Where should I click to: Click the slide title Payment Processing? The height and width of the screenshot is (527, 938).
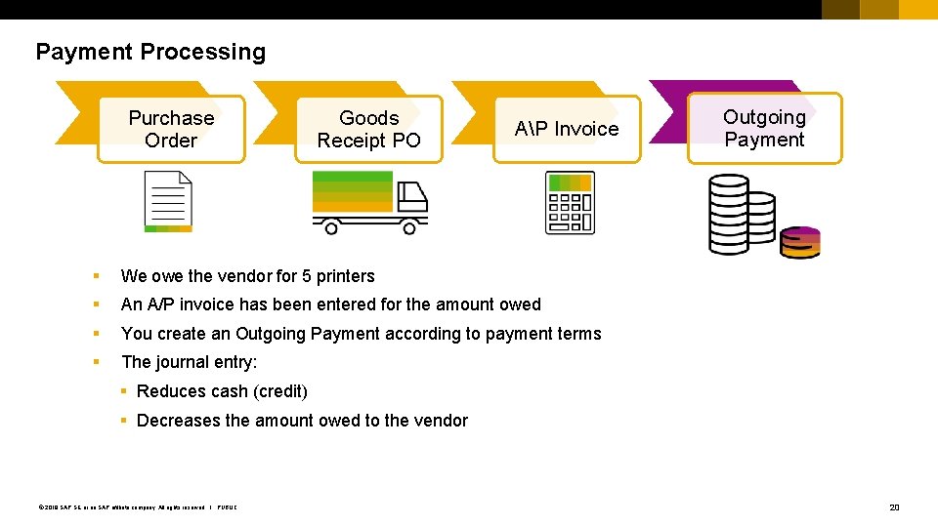tap(150, 52)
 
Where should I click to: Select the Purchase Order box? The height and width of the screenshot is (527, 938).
tap(171, 129)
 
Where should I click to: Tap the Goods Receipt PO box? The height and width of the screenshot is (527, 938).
tap(368, 129)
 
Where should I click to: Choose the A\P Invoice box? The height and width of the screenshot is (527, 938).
tap(567, 129)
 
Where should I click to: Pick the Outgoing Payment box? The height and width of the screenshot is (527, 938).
tap(764, 128)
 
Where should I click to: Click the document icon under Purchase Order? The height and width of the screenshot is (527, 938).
tap(168, 201)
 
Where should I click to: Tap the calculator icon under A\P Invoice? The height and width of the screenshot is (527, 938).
tap(570, 203)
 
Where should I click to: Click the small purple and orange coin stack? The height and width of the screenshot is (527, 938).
tap(801, 242)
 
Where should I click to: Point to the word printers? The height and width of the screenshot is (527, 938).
tap(345, 276)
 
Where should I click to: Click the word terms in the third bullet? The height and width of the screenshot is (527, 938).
tap(577, 334)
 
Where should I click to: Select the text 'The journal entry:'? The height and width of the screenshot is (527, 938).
tap(189, 362)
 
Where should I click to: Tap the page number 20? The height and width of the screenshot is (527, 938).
tap(893, 507)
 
